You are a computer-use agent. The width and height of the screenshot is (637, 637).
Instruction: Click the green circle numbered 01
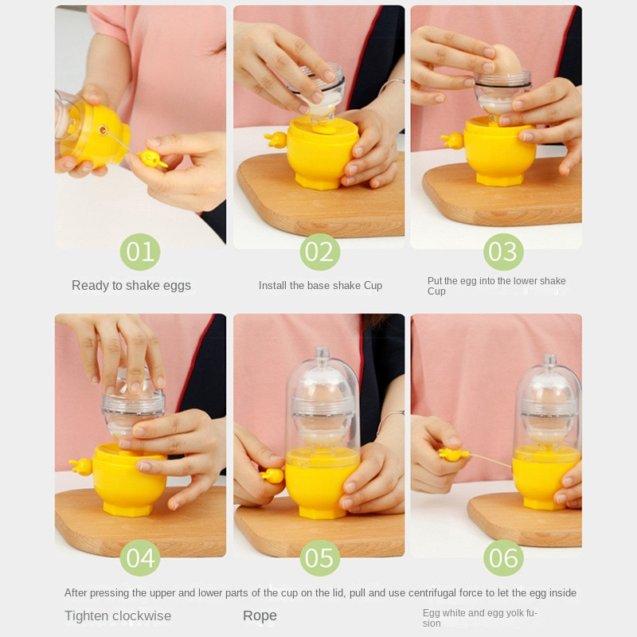(x=140, y=252)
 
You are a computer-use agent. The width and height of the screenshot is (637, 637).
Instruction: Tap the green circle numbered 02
(x=320, y=252)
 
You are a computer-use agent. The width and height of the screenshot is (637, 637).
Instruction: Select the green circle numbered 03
(x=503, y=252)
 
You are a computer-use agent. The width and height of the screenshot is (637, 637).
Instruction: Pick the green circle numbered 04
(x=140, y=558)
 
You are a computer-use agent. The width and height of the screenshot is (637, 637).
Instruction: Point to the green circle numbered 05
(x=320, y=558)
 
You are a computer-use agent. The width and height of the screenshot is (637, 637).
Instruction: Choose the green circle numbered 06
(x=503, y=558)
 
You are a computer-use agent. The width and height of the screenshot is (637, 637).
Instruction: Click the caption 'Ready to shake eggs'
(x=131, y=286)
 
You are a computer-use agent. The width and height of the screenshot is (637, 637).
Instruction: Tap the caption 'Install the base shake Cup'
(x=321, y=286)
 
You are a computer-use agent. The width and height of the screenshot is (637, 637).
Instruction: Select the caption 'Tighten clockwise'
(x=118, y=616)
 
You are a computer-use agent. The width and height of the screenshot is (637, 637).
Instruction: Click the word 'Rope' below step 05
(x=260, y=616)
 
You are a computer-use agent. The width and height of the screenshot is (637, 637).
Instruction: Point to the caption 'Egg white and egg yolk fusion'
(x=480, y=618)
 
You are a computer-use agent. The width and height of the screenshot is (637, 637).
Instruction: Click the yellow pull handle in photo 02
(x=276, y=139)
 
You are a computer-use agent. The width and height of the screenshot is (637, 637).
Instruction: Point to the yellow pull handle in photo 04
(x=81, y=467)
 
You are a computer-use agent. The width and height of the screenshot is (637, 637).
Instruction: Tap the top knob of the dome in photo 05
(x=322, y=352)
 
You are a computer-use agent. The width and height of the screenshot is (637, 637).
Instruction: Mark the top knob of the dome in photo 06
(x=550, y=359)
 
